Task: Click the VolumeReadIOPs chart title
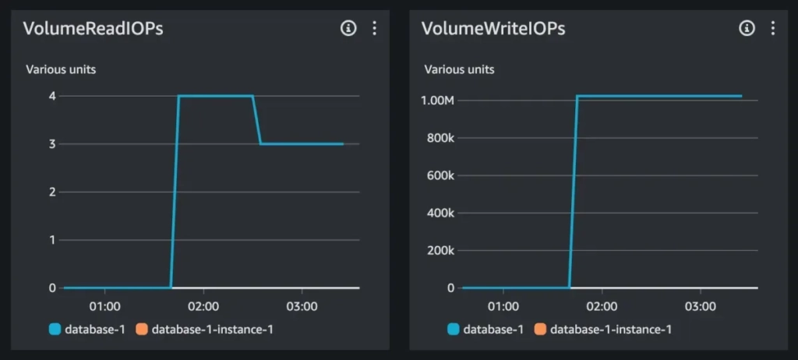tap(94, 29)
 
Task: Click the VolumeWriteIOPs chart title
tap(493, 29)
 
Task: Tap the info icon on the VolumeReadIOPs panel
tap(348, 29)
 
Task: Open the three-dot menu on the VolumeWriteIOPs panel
tap(772, 29)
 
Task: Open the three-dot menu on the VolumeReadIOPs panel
tap(374, 29)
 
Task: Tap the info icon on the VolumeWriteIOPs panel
tap(747, 29)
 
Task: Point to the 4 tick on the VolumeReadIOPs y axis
tap(52, 96)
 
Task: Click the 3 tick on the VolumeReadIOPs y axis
tap(52, 144)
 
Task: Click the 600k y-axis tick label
tap(440, 175)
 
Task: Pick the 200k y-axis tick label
tap(440, 251)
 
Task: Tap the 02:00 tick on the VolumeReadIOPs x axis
tap(203, 306)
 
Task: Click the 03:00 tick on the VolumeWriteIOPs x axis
tap(701, 306)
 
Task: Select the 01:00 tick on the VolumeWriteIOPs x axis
tap(503, 306)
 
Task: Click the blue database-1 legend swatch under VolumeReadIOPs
tap(55, 330)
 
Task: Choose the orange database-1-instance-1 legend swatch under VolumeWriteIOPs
tap(540, 330)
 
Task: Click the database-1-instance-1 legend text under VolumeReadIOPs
tap(212, 330)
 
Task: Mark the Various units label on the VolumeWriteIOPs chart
tap(459, 69)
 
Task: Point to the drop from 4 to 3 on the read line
tap(256, 120)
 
